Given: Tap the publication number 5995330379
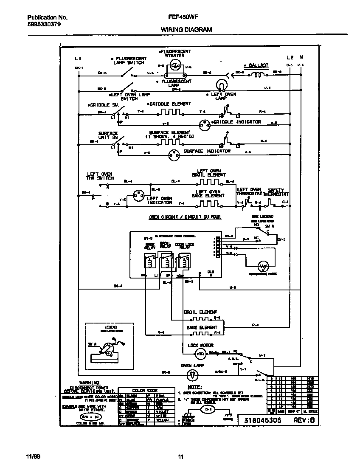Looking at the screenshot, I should (44, 24).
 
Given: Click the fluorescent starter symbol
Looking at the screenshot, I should (174, 65).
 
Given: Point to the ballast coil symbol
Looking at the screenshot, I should (258, 76).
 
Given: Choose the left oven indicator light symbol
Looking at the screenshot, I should (138, 196).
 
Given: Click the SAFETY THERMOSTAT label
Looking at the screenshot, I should (276, 192).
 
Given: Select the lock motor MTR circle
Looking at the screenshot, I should (200, 354).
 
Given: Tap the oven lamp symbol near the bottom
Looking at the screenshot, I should (192, 374).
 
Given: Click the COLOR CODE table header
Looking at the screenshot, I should (145, 391).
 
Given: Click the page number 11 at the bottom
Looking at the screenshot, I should (180, 457).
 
